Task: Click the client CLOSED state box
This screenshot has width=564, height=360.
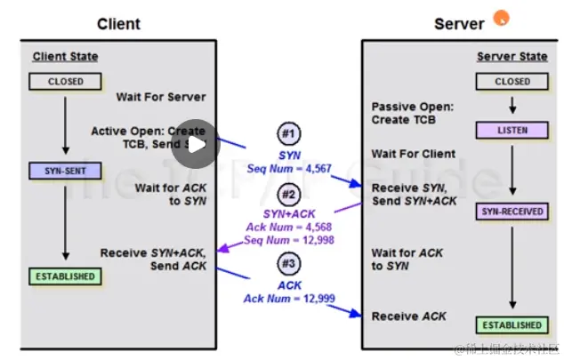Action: (66, 82)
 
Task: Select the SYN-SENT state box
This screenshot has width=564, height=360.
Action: (66, 170)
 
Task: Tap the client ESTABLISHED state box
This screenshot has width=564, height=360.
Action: (66, 276)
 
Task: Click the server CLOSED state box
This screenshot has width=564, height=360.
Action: (512, 82)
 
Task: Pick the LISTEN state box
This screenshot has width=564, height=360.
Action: (512, 131)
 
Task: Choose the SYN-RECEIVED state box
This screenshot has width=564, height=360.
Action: (512, 212)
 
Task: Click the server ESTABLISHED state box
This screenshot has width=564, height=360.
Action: (512, 325)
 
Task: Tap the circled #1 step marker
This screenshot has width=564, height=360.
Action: (288, 135)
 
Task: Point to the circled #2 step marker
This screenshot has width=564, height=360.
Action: (288, 195)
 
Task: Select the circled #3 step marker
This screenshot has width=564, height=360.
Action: (288, 264)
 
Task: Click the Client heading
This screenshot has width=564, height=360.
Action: (117, 24)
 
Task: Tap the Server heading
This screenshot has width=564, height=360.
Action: (458, 24)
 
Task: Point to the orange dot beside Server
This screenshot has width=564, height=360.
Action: (501, 16)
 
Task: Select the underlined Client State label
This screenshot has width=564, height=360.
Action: (66, 57)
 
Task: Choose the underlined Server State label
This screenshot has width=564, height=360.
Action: (512, 57)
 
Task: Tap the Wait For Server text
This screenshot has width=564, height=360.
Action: (160, 97)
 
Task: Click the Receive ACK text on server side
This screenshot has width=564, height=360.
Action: (409, 316)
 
